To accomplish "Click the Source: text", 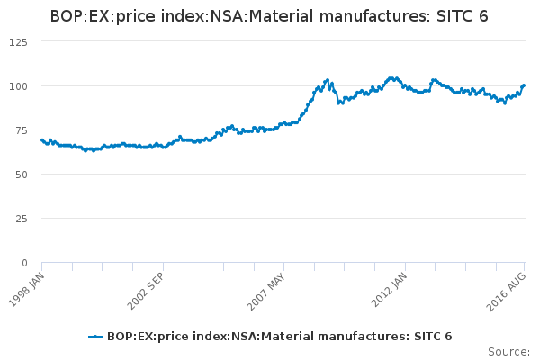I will coord(508,351).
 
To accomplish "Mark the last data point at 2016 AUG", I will coord(524,85).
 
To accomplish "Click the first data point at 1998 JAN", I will coord(41,140).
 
